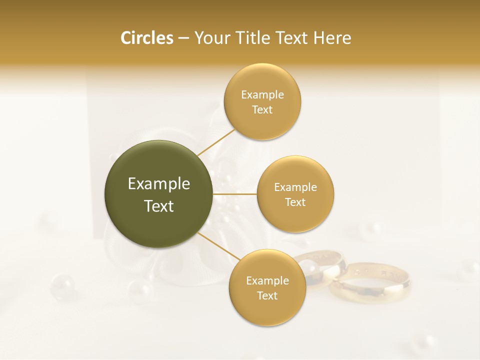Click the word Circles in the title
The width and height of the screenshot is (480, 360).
146,38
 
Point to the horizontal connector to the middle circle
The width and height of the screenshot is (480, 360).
234,193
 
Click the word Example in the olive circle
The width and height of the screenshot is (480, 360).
159,184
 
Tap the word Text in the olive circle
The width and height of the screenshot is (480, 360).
159,206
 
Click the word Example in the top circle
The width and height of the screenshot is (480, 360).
262,94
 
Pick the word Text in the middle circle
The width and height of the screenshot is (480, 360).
295,202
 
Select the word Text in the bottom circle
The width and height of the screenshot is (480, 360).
267,295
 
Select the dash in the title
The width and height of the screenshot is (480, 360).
183,38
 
